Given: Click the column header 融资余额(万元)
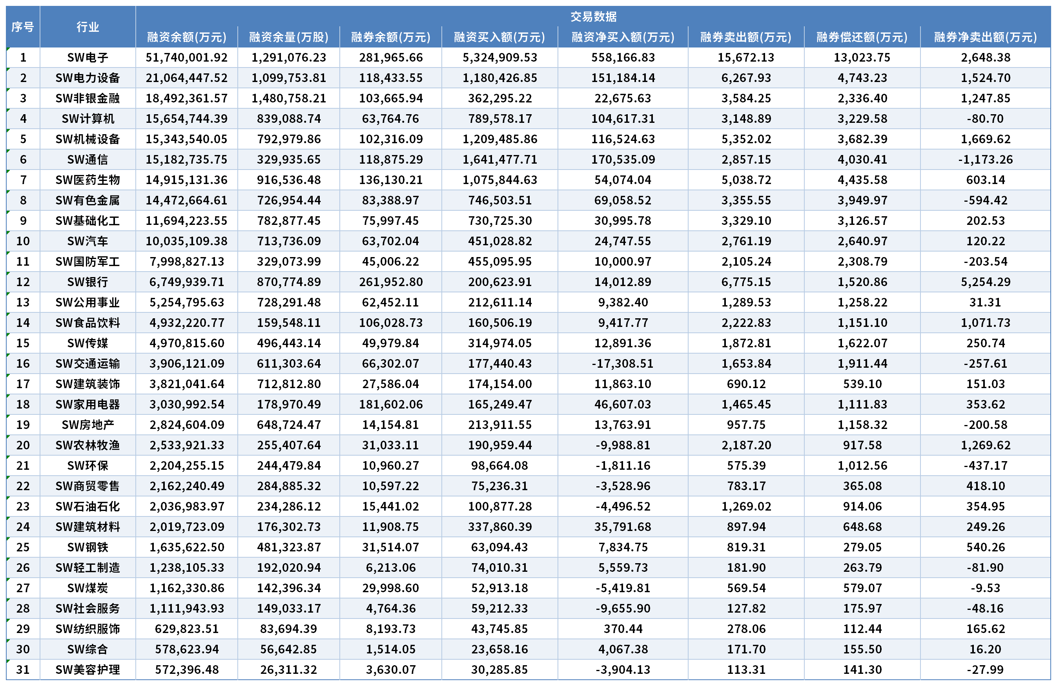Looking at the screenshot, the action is coord(186,37).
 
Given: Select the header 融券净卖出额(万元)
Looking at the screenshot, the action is coord(985,37).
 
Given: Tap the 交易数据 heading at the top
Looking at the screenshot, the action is coord(593,16).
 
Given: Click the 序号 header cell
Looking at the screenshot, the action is coord(23,27).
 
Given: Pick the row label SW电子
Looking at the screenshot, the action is coord(87,57).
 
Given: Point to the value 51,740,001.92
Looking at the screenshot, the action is coord(186,57).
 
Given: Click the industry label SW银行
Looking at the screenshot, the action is coord(87,282).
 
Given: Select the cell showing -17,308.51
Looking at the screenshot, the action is coord(623,363).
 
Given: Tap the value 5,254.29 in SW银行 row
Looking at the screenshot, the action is coord(986,282).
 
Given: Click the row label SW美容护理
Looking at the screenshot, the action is coord(87,670).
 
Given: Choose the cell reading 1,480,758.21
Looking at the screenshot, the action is coord(289,98).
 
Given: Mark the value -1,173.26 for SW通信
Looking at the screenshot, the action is coord(986,159).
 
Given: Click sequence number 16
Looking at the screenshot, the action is coord(23,363).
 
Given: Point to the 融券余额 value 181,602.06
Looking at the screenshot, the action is coord(391,404).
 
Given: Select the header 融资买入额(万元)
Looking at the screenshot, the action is coord(499,37).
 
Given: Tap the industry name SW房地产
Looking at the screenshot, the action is coord(87,425).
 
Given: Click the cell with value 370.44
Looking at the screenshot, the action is coord(623,629).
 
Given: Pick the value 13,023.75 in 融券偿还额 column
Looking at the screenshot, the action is coord(862,57).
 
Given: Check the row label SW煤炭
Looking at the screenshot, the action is coord(87,588).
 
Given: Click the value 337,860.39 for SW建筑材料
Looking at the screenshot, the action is coord(499,527).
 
